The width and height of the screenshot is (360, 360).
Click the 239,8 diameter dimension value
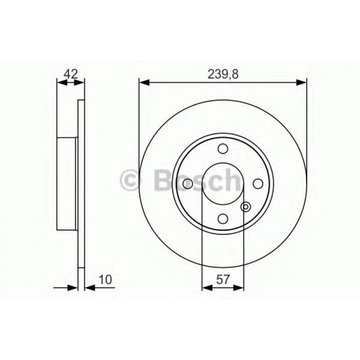(x=223, y=74)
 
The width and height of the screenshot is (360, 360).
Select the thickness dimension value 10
(x=106, y=280)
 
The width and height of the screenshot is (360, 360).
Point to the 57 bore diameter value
(x=223, y=280)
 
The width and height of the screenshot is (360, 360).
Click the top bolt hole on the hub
(x=223, y=149)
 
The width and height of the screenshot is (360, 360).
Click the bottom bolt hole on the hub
(x=223, y=218)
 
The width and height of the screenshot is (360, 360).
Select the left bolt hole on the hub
(x=188, y=183)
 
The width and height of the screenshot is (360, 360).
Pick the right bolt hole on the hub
(x=257, y=183)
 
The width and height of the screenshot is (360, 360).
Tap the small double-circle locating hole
(x=245, y=207)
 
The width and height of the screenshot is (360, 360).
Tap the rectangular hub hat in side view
(x=67, y=183)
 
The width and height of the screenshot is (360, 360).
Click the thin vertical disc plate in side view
(x=81, y=183)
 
